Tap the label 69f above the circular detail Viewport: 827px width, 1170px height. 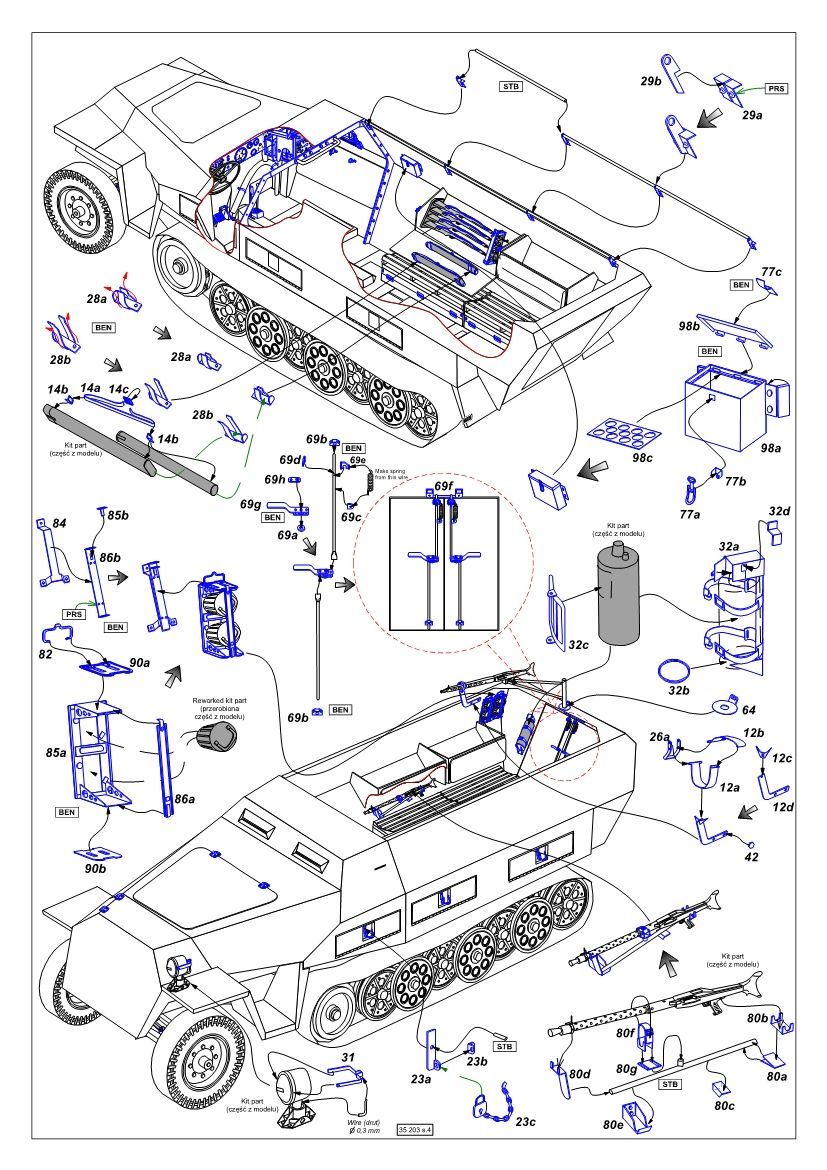pyautogui.click(x=444, y=485)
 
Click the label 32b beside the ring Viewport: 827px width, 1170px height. pyautogui.click(x=678, y=690)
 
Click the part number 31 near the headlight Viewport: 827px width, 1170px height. pyautogui.click(x=348, y=1058)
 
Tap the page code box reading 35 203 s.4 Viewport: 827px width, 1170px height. pyautogui.click(x=419, y=1130)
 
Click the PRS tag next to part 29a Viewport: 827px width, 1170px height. pyautogui.click(x=776, y=89)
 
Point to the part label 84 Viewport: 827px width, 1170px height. pyautogui.click(x=59, y=523)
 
